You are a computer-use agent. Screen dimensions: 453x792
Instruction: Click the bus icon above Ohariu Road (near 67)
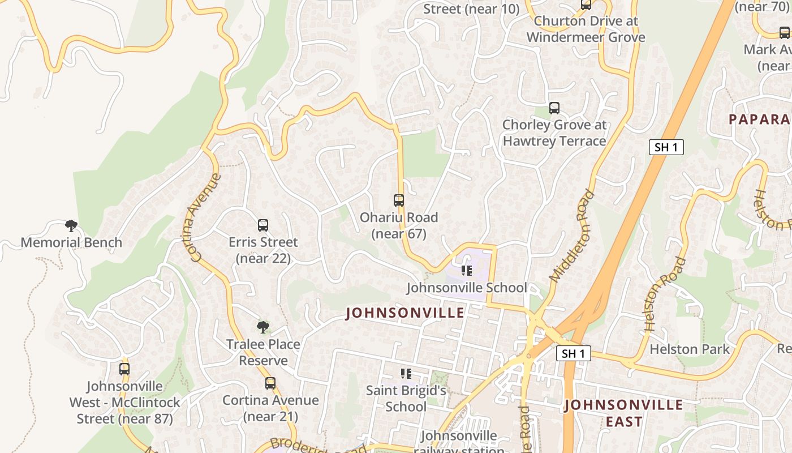[x=399, y=200]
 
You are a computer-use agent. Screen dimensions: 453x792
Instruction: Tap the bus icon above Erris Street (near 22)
[x=263, y=225]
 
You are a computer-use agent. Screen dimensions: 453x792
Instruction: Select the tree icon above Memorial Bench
[x=71, y=226]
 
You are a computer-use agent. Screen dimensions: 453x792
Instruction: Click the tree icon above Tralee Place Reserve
[x=262, y=327]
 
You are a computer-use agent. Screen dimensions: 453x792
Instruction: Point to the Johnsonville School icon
[x=466, y=271]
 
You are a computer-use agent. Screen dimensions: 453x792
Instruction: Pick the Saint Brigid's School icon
[x=406, y=374]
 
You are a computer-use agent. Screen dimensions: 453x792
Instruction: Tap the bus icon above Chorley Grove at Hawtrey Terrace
[x=554, y=108]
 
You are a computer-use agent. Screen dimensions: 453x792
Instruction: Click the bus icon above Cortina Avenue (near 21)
[x=270, y=383]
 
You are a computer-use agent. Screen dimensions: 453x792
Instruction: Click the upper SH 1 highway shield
[x=666, y=148]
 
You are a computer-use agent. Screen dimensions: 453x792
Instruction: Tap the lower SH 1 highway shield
[x=573, y=354]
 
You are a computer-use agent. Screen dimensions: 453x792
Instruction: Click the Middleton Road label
[x=573, y=236]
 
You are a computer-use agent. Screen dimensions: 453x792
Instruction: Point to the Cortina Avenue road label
[x=205, y=217]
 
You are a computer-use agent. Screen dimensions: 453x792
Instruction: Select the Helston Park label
[x=690, y=349]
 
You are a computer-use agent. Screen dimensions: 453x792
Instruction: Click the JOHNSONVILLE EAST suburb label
[x=623, y=413]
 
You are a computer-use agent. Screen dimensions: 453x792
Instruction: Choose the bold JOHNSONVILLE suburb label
[x=405, y=313]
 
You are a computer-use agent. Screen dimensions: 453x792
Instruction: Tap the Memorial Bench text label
[x=71, y=242]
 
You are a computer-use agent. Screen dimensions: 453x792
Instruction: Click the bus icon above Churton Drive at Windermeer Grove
[x=586, y=5]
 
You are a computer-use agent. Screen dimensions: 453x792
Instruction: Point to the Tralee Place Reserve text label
[x=263, y=352]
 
